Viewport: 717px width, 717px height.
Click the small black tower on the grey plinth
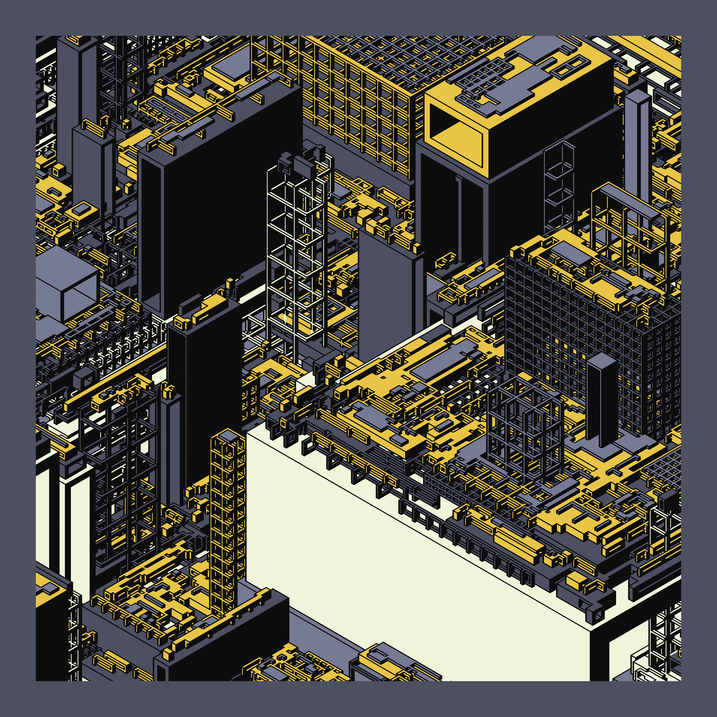(x=602, y=401)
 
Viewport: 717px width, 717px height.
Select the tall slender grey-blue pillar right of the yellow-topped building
(x=637, y=148)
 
